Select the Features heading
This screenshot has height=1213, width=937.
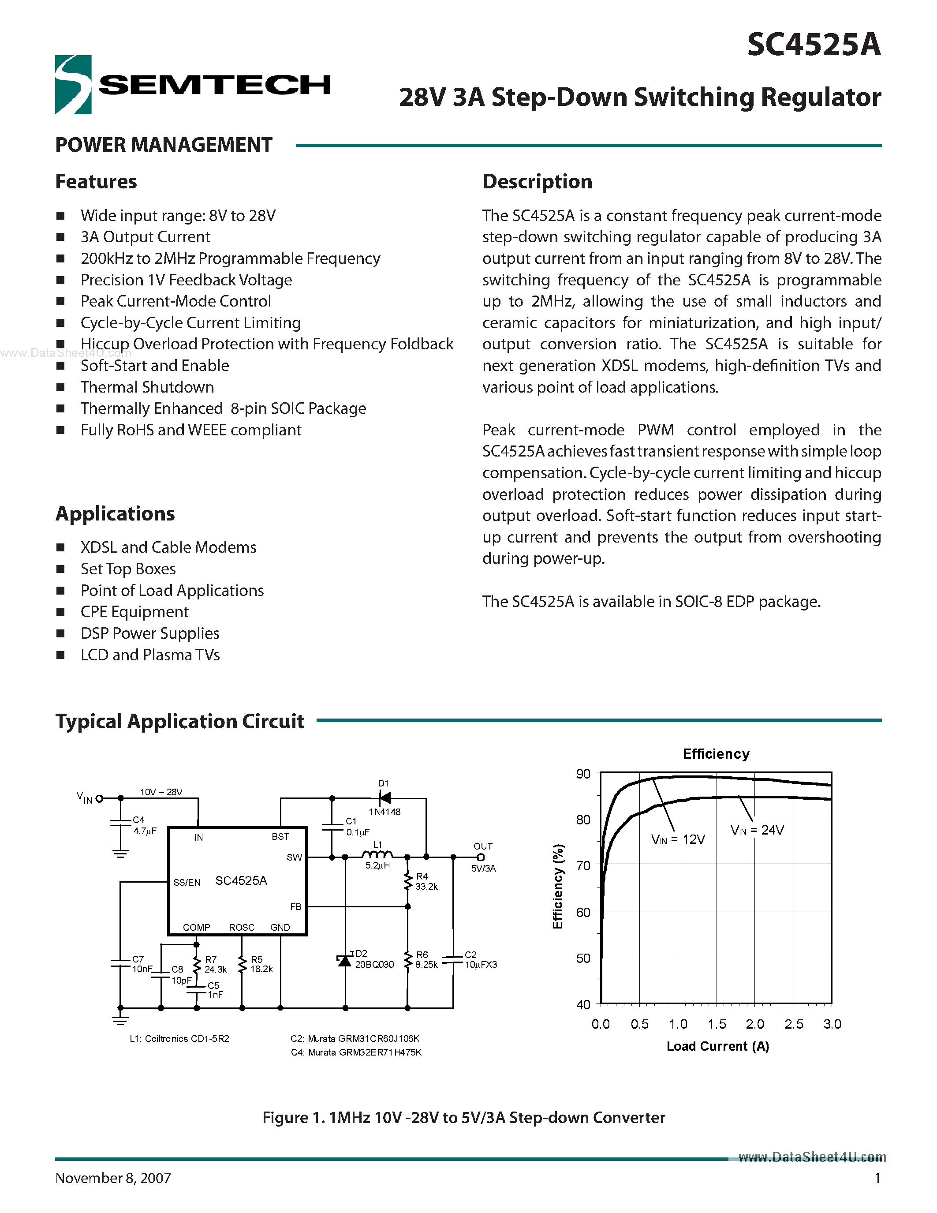pyautogui.click(x=96, y=182)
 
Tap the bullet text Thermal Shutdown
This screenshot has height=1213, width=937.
pyautogui.click(x=147, y=387)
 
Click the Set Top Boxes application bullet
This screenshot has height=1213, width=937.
pyautogui.click(x=128, y=569)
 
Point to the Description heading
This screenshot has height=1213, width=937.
pyautogui.click(x=537, y=182)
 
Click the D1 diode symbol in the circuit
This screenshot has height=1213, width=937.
pyautogui.click(x=384, y=798)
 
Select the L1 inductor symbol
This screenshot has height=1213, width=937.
pyautogui.click(x=377, y=855)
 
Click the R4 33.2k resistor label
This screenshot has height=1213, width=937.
pyautogui.click(x=426, y=881)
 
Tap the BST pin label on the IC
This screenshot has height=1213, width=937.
pyautogui.click(x=280, y=836)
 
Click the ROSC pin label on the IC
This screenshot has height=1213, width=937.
pyautogui.click(x=242, y=928)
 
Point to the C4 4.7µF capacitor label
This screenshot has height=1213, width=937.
pyautogui.click(x=144, y=825)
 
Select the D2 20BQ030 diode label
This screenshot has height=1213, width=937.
pyautogui.click(x=373, y=959)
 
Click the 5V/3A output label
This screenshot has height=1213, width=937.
pyautogui.click(x=483, y=868)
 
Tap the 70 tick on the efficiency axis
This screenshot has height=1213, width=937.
pyautogui.click(x=583, y=865)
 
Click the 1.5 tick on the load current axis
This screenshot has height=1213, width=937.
pyautogui.click(x=717, y=1024)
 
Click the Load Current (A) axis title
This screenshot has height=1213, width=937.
pyautogui.click(x=717, y=1046)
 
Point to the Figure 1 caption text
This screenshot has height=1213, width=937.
pyautogui.click(x=463, y=1117)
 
